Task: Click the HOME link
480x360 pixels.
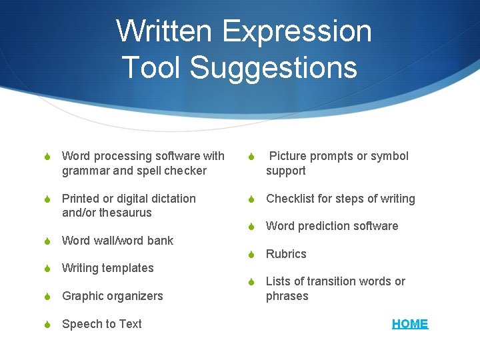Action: coord(410,324)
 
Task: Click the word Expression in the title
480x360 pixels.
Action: coord(297,31)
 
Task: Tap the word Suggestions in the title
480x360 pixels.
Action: coord(273,67)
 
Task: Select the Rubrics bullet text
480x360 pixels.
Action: coord(286,254)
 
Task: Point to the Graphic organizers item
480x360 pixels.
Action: coord(112,296)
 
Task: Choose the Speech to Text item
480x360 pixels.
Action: coord(101,324)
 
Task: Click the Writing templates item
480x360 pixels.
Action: coord(107,268)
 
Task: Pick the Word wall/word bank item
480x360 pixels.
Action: coord(117,241)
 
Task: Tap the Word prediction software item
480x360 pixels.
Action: coord(331,226)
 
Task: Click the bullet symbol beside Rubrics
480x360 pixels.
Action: coord(252,255)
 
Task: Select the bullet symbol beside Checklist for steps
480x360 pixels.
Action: coord(252,199)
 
